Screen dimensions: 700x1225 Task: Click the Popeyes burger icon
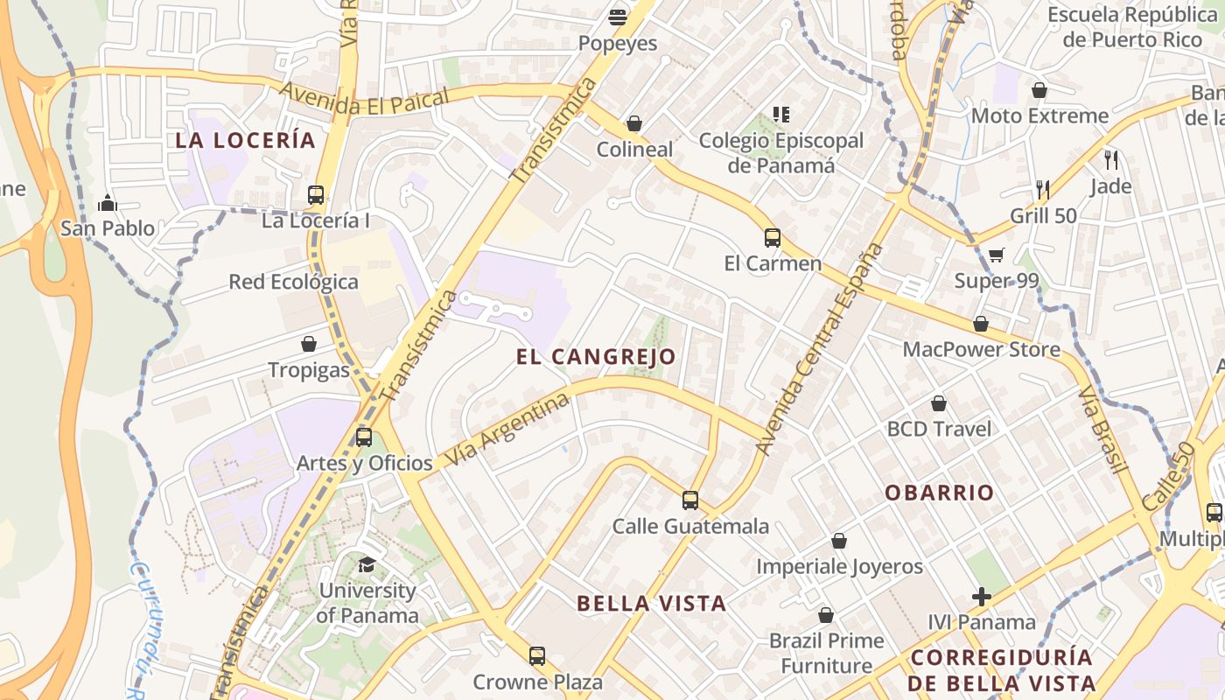point(618,17)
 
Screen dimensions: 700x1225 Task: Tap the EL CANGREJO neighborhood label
point(596,356)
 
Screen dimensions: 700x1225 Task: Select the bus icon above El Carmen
point(772,237)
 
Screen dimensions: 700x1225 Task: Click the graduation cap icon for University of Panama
point(367,564)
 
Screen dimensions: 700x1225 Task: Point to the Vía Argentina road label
point(507,429)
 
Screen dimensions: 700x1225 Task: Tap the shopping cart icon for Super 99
point(996,255)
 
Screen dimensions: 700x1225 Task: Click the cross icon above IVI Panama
point(982,597)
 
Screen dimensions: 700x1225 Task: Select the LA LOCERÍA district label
point(245,140)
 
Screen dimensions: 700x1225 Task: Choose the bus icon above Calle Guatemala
point(690,500)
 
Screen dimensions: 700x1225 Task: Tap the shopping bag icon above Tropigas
point(309,344)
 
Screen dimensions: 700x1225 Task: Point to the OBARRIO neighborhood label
point(939,493)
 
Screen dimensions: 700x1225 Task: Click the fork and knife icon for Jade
point(1111,159)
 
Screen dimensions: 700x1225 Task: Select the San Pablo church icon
point(108,203)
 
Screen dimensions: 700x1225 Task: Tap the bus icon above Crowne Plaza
point(537,655)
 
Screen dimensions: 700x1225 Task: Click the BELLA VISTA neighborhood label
point(651,603)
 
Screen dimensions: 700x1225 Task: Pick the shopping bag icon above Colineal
point(634,123)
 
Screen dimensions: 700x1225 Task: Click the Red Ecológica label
point(293,282)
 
